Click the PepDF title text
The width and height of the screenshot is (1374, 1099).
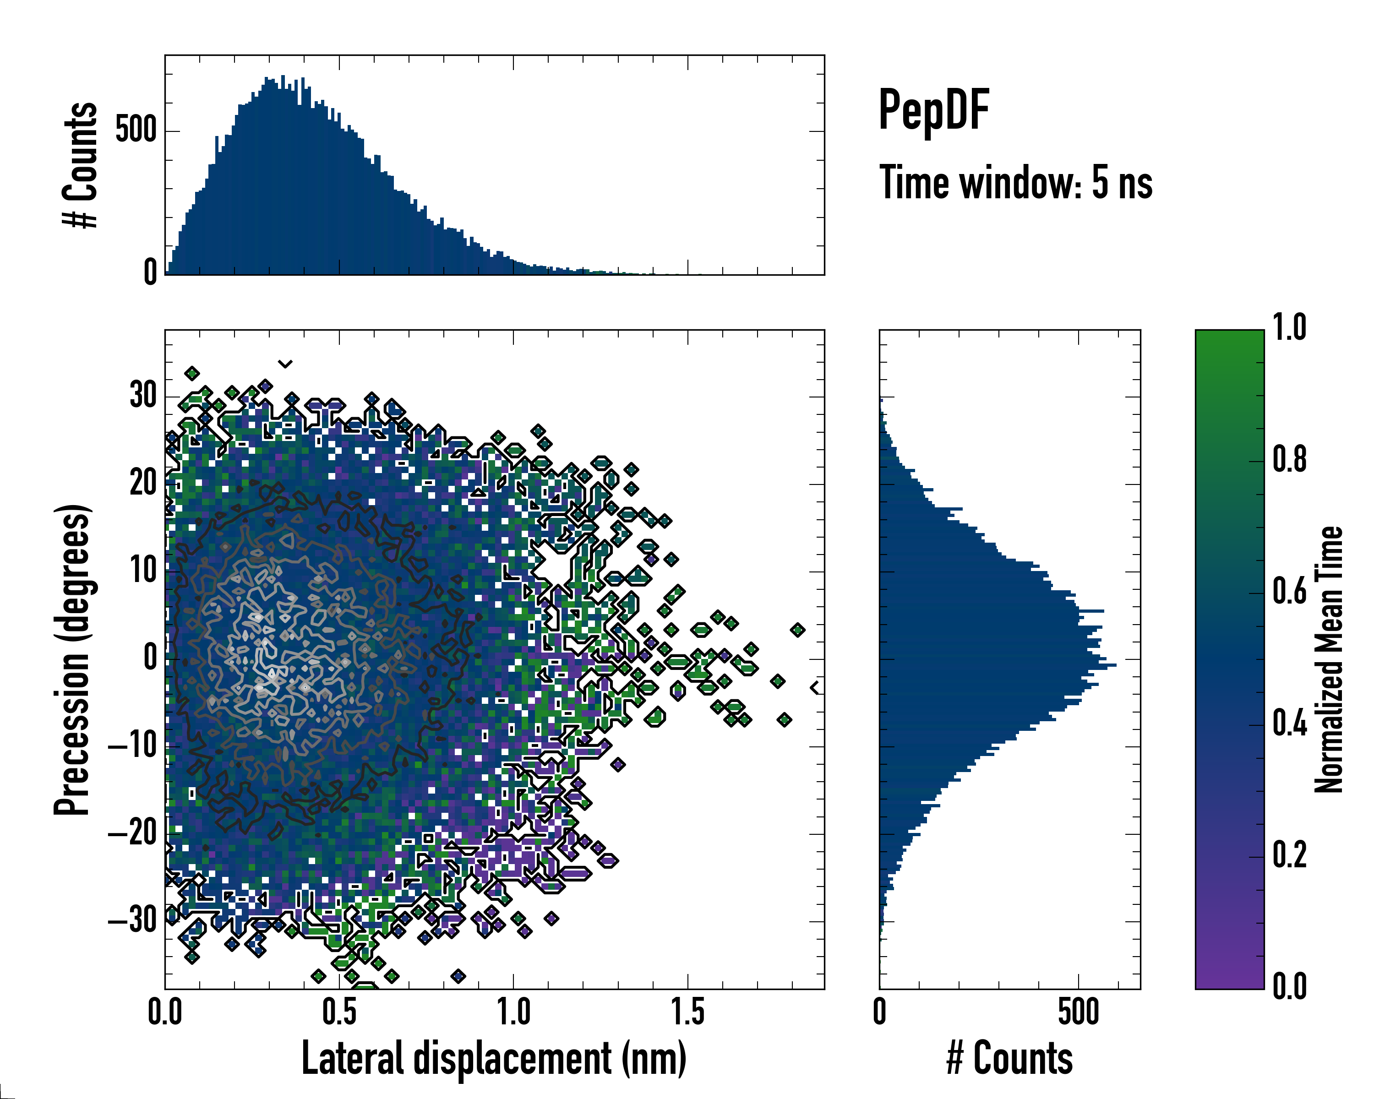click(x=933, y=110)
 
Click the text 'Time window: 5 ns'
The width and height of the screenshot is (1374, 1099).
click(x=1016, y=183)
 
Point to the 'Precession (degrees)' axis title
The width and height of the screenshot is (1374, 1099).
click(x=72, y=659)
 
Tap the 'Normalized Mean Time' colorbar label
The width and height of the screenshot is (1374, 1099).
click(x=1328, y=659)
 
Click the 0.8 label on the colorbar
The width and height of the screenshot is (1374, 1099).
click(x=1289, y=460)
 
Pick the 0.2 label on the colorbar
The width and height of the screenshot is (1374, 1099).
click(x=1289, y=855)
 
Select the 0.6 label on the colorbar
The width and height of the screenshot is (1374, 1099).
click(x=1289, y=592)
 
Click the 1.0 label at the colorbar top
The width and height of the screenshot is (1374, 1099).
click(x=1289, y=328)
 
